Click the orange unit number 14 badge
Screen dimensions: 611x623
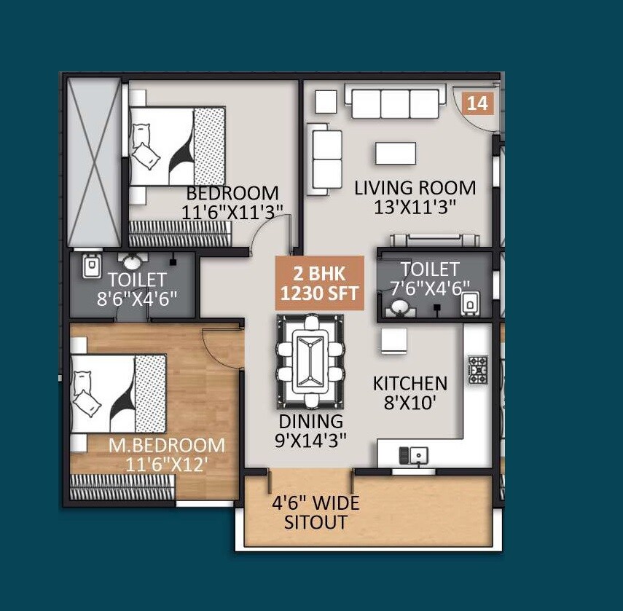478,103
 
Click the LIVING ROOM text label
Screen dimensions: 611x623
415,188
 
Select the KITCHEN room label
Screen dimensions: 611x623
410,383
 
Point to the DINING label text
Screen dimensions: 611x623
310,421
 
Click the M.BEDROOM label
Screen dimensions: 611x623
167,445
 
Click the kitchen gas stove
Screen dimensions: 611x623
477,369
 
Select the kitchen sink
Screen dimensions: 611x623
413,456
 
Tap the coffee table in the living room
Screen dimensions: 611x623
396,153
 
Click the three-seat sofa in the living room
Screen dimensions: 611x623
394,102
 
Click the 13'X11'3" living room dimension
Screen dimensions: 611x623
415,206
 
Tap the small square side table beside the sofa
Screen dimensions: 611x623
326,101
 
